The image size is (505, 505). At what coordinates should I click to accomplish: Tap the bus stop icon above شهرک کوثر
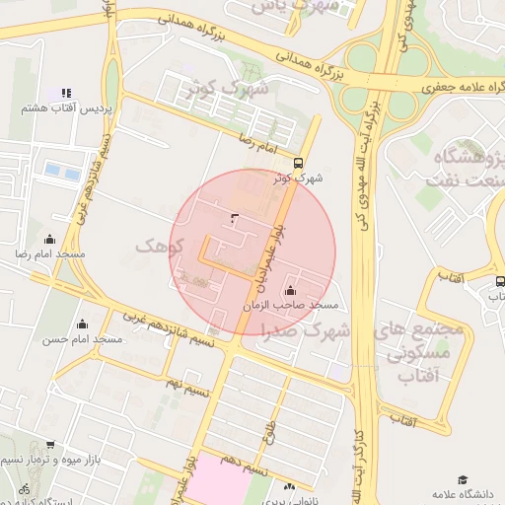point(299,164)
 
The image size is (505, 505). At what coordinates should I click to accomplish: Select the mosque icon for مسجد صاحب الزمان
point(290,291)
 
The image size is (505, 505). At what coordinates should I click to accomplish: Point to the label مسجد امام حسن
point(82,339)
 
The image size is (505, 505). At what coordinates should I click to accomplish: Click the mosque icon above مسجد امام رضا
point(50,240)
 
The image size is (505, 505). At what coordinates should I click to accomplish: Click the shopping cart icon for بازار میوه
point(50,446)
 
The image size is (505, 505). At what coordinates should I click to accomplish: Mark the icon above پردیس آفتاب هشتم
point(66,93)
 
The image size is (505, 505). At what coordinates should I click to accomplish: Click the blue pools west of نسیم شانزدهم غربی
point(61,172)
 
